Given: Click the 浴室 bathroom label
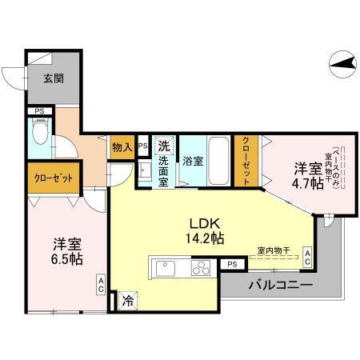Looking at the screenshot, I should click(193, 160).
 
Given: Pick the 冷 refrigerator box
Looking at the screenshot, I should click(128, 302).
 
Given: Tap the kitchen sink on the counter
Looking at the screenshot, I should click(166, 267).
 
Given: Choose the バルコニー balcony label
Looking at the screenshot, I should click(280, 285).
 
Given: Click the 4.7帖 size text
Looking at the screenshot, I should click(308, 183).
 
